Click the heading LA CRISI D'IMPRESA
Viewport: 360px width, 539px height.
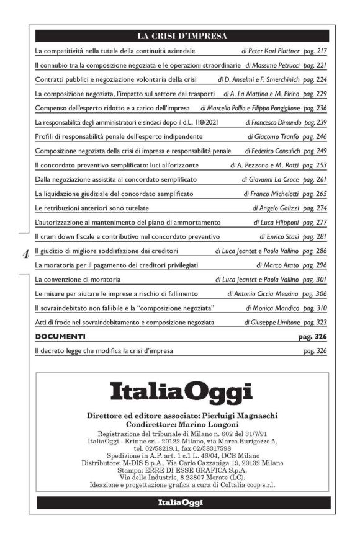[182, 35]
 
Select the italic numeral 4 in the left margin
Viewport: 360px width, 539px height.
[25, 254]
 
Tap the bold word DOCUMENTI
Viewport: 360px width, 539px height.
[60, 337]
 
